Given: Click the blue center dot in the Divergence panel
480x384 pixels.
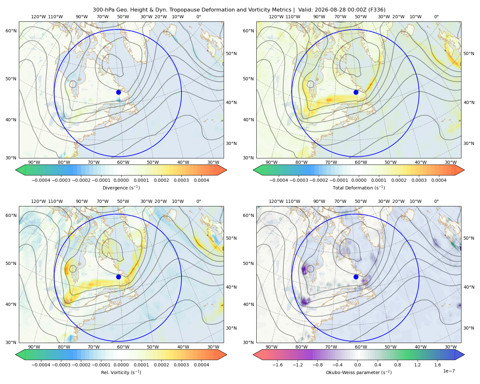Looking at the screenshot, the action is point(118,92).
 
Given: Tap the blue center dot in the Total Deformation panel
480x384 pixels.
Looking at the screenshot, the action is point(356,92).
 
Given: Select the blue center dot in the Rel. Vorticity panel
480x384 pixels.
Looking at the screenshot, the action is point(118,277).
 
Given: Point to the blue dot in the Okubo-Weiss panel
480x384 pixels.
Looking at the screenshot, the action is point(356,277).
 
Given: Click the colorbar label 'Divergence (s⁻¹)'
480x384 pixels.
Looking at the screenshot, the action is point(121,188).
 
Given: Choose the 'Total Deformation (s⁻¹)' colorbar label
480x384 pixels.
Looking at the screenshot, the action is point(359,188).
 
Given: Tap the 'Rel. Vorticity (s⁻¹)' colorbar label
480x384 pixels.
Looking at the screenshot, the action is point(121,372).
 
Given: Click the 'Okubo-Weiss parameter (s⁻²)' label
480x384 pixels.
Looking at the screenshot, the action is point(359,372).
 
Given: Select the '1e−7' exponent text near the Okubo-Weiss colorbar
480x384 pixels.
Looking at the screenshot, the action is point(449,371).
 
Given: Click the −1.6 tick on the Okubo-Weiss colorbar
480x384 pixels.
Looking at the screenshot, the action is point(277,364).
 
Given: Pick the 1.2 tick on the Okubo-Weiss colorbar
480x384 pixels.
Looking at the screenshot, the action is point(417,364).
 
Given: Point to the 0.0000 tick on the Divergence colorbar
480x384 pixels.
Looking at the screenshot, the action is point(121,180).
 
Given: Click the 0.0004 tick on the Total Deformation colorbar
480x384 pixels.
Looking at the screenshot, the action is point(439,180).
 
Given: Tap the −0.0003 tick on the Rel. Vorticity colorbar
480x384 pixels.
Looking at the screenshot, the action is point(61,364).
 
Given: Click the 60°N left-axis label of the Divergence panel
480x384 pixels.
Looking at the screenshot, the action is point(11,31).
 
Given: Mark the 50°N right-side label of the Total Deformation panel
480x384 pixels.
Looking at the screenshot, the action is point(469,53).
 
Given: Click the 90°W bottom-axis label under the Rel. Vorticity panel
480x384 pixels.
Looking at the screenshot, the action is point(34,347).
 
